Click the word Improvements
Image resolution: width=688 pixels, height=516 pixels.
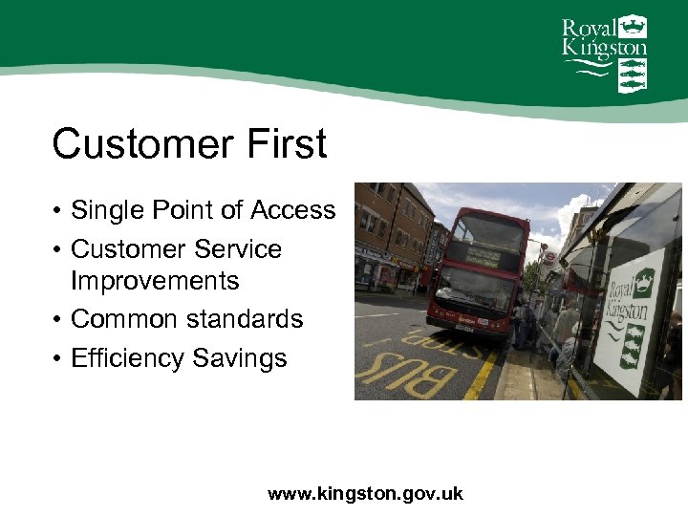[155, 281]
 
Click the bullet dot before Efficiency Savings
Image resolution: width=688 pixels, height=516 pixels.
[57, 359]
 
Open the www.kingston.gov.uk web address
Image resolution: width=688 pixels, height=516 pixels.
[365, 494]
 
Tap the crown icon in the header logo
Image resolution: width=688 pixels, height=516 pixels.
[632, 26]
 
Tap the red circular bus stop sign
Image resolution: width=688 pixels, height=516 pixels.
[548, 258]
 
